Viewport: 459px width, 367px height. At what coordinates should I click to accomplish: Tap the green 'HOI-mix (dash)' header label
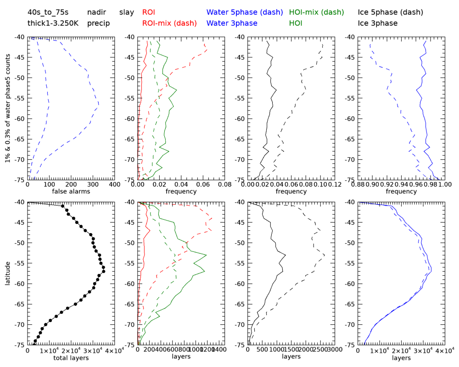[x=317, y=12]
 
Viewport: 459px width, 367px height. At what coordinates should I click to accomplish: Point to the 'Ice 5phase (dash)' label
[x=390, y=12]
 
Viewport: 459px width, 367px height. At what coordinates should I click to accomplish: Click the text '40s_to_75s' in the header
[x=48, y=12]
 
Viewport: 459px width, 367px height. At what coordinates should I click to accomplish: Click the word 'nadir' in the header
[x=96, y=12]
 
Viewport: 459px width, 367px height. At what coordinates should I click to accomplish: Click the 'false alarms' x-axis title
[x=71, y=191]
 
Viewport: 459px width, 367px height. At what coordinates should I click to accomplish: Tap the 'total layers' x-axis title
[x=71, y=357]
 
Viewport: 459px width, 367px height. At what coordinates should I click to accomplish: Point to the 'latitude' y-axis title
[x=8, y=273]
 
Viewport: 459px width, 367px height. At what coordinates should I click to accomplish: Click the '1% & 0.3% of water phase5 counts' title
[x=8, y=108]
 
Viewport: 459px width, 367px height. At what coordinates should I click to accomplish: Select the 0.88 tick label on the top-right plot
[x=358, y=184]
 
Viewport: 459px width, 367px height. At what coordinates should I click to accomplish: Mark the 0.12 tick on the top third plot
[x=335, y=184]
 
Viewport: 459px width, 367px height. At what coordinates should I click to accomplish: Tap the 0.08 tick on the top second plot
[x=225, y=184]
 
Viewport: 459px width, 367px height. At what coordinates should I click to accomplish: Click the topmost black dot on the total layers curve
[x=63, y=206]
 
